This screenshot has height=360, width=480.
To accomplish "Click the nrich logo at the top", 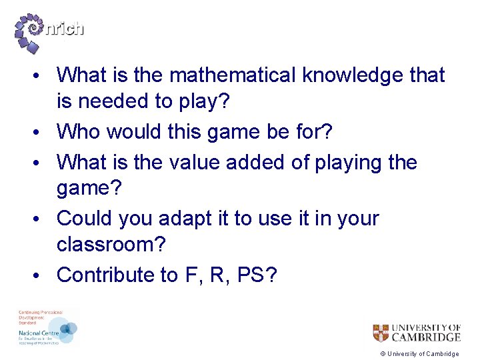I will pyautogui.click(x=49, y=32).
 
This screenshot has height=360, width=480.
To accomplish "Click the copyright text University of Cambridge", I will pyautogui.click(x=420, y=354).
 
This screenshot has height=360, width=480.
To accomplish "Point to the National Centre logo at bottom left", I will pyautogui.click(x=47, y=328).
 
